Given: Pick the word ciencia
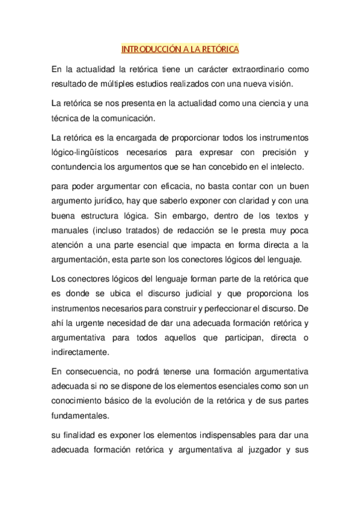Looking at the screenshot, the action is coord(263,103).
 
